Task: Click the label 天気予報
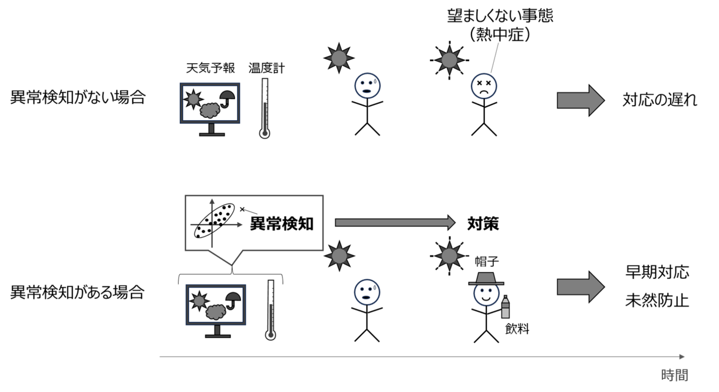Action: point(210,68)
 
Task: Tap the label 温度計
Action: point(266,68)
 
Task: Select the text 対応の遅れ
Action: point(660,100)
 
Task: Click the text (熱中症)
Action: point(500,34)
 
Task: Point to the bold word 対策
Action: point(483,223)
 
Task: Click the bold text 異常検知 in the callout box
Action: point(282,223)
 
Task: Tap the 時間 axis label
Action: point(675,375)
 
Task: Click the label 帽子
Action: point(487,262)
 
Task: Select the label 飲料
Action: point(517,329)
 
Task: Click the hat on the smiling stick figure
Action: point(486,279)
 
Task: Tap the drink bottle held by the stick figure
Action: point(505,307)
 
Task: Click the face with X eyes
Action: point(484,86)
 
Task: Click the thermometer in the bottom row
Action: point(271,310)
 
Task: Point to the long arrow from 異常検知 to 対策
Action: point(395,222)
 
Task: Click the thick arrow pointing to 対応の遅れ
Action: point(581,100)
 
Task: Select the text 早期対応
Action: point(657,272)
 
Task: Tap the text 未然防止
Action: point(657,301)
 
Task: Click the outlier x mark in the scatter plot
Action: point(242,209)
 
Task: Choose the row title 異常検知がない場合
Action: point(78,97)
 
